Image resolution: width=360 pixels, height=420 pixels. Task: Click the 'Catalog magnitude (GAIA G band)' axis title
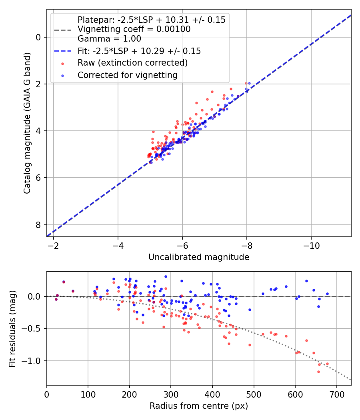(27, 123)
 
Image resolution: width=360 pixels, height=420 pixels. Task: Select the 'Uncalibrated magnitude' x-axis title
(199, 257)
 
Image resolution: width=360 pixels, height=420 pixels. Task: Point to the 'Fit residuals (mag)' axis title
(12, 329)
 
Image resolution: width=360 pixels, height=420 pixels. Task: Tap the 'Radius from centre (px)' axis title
(199, 406)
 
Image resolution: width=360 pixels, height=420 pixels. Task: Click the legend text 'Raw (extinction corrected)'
(132, 63)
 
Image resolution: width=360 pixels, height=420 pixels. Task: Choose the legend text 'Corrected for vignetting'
(128, 75)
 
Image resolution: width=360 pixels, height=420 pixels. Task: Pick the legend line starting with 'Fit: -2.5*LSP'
(139, 51)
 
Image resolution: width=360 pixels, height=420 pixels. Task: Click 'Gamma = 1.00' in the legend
(109, 39)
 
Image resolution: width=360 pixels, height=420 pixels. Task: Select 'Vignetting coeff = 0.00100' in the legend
(134, 29)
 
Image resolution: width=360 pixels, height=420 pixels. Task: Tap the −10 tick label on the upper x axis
(311, 246)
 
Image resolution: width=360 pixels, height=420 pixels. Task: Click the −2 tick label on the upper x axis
(54, 246)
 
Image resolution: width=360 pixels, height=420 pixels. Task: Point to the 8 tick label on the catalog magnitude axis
(38, 225)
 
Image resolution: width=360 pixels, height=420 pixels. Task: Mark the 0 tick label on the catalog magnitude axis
(38, 37)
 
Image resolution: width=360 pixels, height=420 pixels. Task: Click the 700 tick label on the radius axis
(336, 394)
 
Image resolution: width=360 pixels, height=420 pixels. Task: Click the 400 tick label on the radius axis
(212, 394)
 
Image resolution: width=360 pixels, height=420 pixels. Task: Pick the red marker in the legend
(63, 64)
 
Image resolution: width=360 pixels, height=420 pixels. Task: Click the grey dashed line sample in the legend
(63, 30)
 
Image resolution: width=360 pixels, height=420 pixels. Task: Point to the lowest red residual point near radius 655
(318, 372)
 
